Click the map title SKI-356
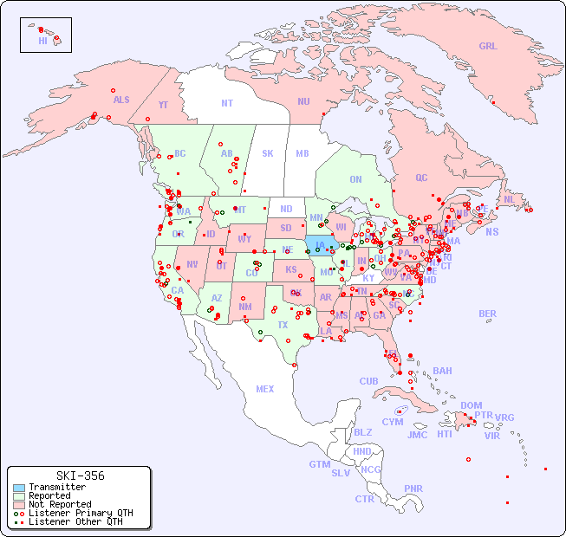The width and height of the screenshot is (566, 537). coord(80,476)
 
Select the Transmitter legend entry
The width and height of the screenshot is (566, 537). coord(56,487)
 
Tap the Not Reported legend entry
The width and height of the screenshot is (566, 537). coord(59,504)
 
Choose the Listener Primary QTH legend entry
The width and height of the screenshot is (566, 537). coord(80,513)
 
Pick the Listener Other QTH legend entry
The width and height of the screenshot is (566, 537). coord(75,521)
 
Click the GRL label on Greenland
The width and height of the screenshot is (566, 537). coord(488,46)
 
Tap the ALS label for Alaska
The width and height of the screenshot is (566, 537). coord(121,100)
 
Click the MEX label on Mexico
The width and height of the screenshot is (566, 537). coord(265,389)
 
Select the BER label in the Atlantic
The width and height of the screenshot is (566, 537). coord(488,314)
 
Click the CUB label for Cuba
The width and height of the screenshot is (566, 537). coord(369,381)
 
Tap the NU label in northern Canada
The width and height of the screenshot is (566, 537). coord(303,101)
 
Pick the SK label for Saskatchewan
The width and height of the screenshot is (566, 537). coord(268,153)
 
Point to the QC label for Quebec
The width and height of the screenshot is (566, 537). coord(421,178)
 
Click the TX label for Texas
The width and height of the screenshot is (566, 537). coord(283,325)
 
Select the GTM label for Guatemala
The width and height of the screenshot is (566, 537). coord(319,464)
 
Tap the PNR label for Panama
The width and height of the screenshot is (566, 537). coord(413,488)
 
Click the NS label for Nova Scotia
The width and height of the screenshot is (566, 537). coord(491,231)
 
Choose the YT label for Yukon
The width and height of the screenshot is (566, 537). coord(163,104)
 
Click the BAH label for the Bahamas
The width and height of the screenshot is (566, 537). coord(442,371)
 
